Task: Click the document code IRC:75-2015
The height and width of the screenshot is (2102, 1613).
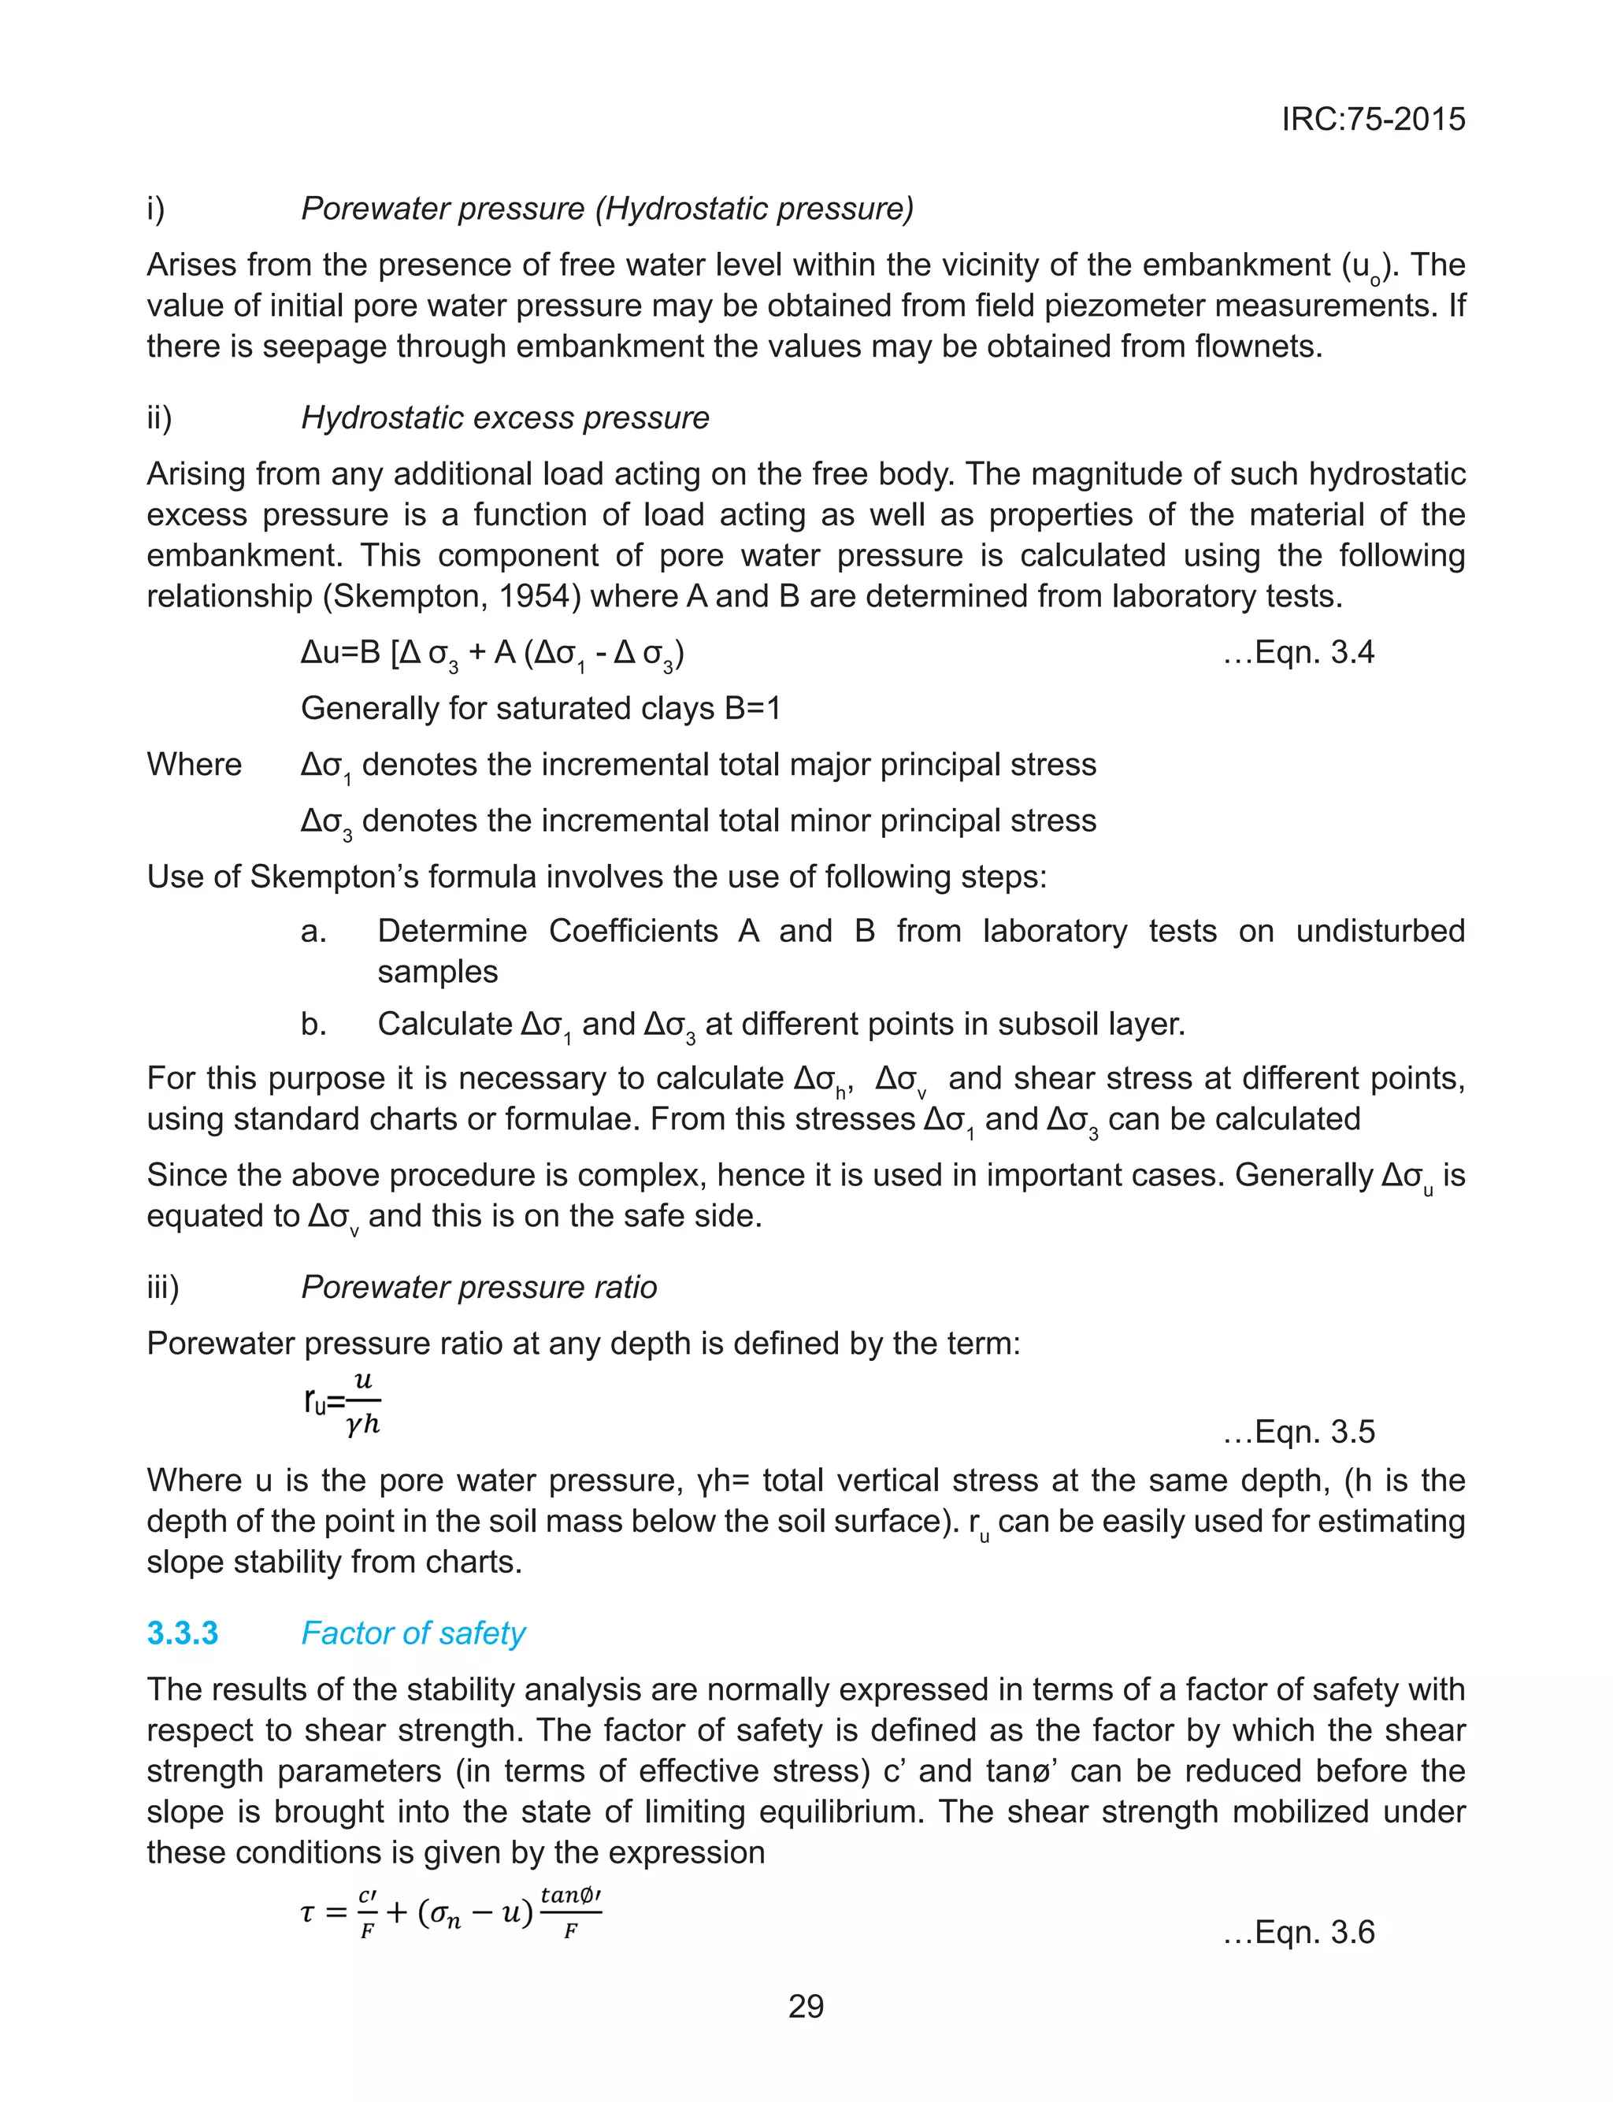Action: (x=1373, y=119)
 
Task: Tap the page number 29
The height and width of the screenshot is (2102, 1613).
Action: (x=806, y=2007)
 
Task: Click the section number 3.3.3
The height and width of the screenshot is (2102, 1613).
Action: (x=183, y=1633)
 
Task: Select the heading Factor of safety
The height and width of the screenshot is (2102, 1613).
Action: (x=413, y=1633)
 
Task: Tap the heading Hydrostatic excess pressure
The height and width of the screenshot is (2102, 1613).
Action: (x=505, y=417)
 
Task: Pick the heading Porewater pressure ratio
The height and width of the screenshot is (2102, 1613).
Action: (x=478, y=1287)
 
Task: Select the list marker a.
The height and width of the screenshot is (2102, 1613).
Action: (x=313, y=931)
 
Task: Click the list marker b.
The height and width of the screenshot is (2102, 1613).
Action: (x=313, y=1024)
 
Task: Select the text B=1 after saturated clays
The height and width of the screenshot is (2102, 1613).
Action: (x=752, y=708)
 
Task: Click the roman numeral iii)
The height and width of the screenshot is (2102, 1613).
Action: (x=162, y=1287)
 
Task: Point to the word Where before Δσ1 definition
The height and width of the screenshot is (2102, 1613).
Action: (x=194, y=765)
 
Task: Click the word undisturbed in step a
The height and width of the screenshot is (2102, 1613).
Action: (x=1380, y=931)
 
